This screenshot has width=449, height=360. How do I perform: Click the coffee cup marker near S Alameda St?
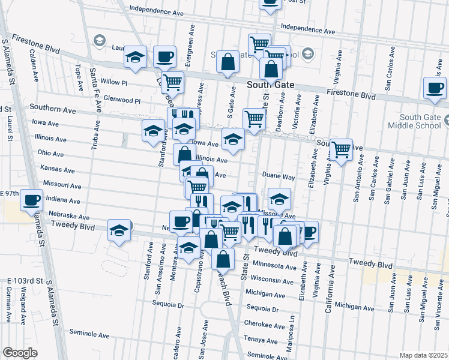(x=31, y=199)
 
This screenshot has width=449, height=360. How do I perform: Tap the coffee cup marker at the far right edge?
(x=434, y=88)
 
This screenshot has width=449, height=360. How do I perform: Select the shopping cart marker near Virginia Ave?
(x=341, y=149)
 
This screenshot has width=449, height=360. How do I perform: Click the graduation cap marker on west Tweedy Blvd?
(x=119, y=230)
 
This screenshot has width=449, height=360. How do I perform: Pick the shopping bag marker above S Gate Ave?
(x=228, y=62)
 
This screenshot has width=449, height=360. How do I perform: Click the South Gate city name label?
(x=271, y=85)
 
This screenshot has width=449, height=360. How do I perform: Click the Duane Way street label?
(x=279, y=177)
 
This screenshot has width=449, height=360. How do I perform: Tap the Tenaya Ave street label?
(x=260, y=339)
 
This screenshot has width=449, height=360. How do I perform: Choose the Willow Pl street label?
(x=115, y=82)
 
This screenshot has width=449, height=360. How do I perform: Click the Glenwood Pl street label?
(x=121, y=100)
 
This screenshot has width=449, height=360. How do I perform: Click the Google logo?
(x=20, y=353)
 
